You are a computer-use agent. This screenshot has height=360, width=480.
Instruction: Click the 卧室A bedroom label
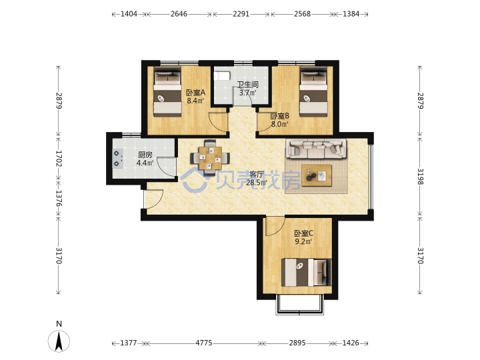[195, 92]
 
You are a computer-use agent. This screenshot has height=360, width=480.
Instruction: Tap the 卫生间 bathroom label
[248, 84]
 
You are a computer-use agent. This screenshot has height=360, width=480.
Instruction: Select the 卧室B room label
[279, 116]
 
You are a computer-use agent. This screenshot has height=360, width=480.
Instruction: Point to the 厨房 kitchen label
[145, 155]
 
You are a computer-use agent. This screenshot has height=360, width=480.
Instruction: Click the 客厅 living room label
[257, 175]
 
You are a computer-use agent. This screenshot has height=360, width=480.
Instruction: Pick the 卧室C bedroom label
[303, 233]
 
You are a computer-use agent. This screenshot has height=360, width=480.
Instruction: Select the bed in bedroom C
[306, 273]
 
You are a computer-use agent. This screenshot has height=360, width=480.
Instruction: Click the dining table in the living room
[210, 158]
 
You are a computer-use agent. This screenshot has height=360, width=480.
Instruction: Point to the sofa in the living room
[316, 149]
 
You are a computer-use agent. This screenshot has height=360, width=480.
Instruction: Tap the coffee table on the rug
[317, 175]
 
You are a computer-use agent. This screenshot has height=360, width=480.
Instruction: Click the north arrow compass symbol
[59, 341]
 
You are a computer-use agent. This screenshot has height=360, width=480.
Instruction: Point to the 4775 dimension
[203, 343]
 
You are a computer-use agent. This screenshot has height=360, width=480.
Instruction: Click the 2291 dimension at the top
[241, 14]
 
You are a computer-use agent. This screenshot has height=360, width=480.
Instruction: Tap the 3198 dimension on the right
[420, 177]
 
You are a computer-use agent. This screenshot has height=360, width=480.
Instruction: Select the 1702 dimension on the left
[59, 158]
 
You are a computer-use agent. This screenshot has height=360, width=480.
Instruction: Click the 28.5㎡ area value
[257, 183]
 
